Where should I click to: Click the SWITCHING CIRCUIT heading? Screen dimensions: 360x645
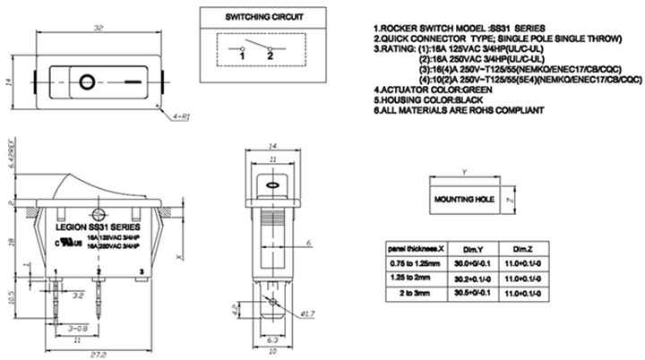264,18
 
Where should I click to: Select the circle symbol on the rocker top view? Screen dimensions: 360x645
86,83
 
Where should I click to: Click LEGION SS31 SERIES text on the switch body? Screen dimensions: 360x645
90,228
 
